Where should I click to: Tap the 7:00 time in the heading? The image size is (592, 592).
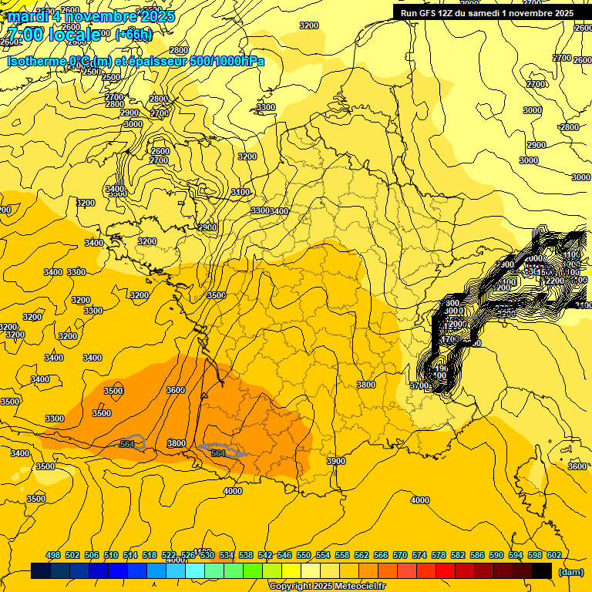click(25, 35)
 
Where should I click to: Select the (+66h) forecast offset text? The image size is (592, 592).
click(133, 35)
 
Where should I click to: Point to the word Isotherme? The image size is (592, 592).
click(35, 61)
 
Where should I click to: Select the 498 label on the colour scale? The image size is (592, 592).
click(53, 555)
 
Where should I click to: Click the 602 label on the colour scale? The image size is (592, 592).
click(554, 555)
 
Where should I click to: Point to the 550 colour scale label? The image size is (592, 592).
click(304, 555)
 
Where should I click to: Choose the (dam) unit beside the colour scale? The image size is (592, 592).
click(570, 571)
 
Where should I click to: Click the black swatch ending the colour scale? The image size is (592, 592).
click(542, 571)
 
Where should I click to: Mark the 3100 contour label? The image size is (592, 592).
click(240, 192)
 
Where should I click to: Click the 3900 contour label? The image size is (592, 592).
click(335, 460)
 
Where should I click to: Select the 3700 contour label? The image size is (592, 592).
click(419, 385)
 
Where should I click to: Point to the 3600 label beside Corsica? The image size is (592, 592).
click(577, 466)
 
